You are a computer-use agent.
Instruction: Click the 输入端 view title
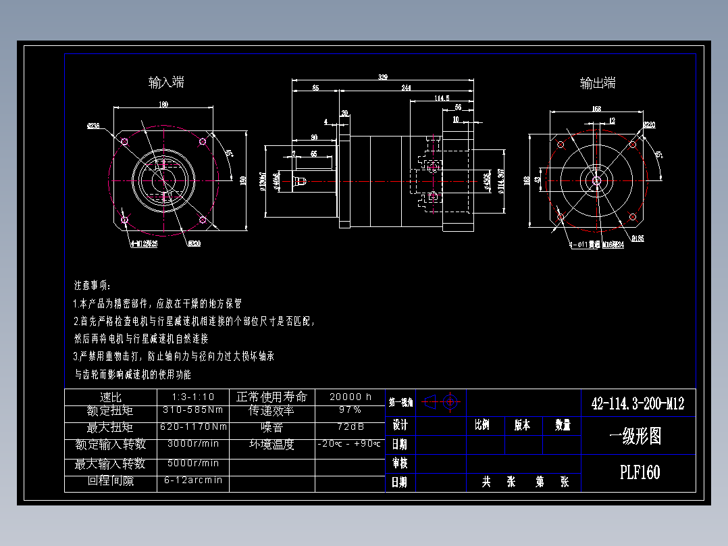coord(166,82)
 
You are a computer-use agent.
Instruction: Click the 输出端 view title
coord(598,83)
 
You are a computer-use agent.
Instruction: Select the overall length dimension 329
coord(383,77)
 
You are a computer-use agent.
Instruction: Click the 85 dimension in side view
coord(315,87)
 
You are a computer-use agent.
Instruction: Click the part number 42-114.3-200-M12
coord(638,404)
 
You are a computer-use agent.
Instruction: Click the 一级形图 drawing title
coord(635,437)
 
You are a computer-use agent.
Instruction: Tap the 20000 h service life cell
coord(350,397)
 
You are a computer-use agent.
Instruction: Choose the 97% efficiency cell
coord(350,410)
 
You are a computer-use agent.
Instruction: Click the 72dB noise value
coord(350,427)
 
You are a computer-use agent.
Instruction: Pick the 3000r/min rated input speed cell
coord(193,444)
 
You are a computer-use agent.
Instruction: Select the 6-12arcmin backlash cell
coord(193,480)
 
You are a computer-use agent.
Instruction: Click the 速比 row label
coord(110,397)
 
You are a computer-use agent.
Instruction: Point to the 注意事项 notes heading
coord(93,285)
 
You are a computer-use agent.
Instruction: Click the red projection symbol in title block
coord(442,403)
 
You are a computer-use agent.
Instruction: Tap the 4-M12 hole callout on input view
coord(143,244)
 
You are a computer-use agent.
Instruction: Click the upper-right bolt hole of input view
coord(203,142)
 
